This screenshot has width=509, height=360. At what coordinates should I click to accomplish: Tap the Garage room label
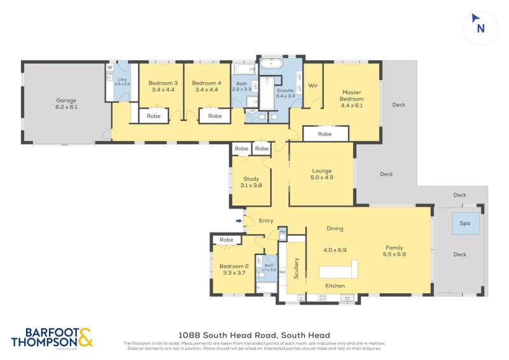(66, 100)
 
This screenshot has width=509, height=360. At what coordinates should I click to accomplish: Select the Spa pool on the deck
(465, 223)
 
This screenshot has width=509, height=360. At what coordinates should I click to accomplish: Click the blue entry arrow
(239, 221)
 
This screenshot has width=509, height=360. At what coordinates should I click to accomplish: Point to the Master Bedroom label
(351, 95)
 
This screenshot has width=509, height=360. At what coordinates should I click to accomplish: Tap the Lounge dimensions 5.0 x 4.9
(322, 178)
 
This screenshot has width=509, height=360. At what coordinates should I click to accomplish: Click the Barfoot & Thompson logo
(52, 338)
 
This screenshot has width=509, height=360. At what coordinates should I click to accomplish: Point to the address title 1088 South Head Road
(254, 335)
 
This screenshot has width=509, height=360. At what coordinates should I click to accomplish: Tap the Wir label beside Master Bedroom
(312, 85)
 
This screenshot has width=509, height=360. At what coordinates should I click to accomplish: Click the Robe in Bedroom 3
(153, 116)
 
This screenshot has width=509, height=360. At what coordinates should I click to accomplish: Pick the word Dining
(335, 228)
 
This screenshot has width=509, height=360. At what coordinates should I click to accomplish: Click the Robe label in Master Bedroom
(324, 134)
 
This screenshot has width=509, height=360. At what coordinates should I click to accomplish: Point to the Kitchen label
(335, 286)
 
